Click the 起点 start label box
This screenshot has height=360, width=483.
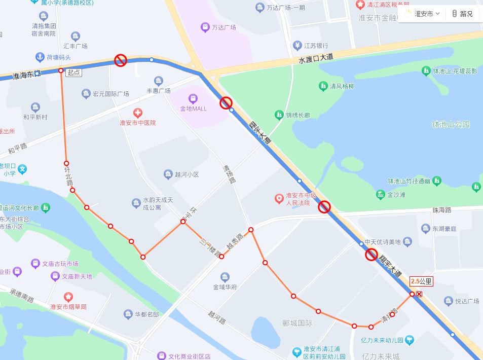click(73, 73)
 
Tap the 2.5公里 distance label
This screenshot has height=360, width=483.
click(421, 281)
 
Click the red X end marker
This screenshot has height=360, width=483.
click(419, 294)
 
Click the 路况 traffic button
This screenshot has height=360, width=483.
click(462, 14)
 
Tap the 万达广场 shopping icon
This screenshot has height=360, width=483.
click(205, 27)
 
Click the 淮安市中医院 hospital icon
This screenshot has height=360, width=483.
click(137, 113)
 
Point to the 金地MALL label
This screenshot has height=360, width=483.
click(193, 109)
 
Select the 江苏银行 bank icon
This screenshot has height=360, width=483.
click(297, 46)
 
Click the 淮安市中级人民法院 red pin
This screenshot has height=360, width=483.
click(278, 198)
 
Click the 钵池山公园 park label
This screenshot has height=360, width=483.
click(451, 124)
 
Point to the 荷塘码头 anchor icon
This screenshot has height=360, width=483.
click(39, 57)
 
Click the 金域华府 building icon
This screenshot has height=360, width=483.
click(225, 277)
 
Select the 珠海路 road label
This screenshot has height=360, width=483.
click(441, 209)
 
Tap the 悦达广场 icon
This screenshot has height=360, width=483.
click(448, 301)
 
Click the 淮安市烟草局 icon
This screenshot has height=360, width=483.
click(68, 297)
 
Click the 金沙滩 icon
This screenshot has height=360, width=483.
click(380, 194)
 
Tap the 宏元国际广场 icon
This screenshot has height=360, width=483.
click(86, 94)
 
